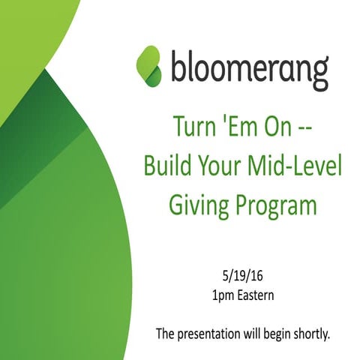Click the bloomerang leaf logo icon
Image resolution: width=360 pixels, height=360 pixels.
(149, 66)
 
